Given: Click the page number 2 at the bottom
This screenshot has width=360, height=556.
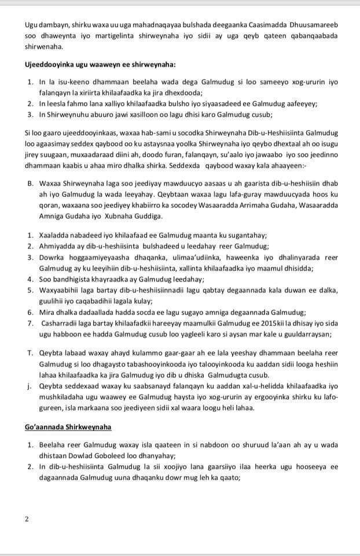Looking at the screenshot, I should (x=27, y=519).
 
